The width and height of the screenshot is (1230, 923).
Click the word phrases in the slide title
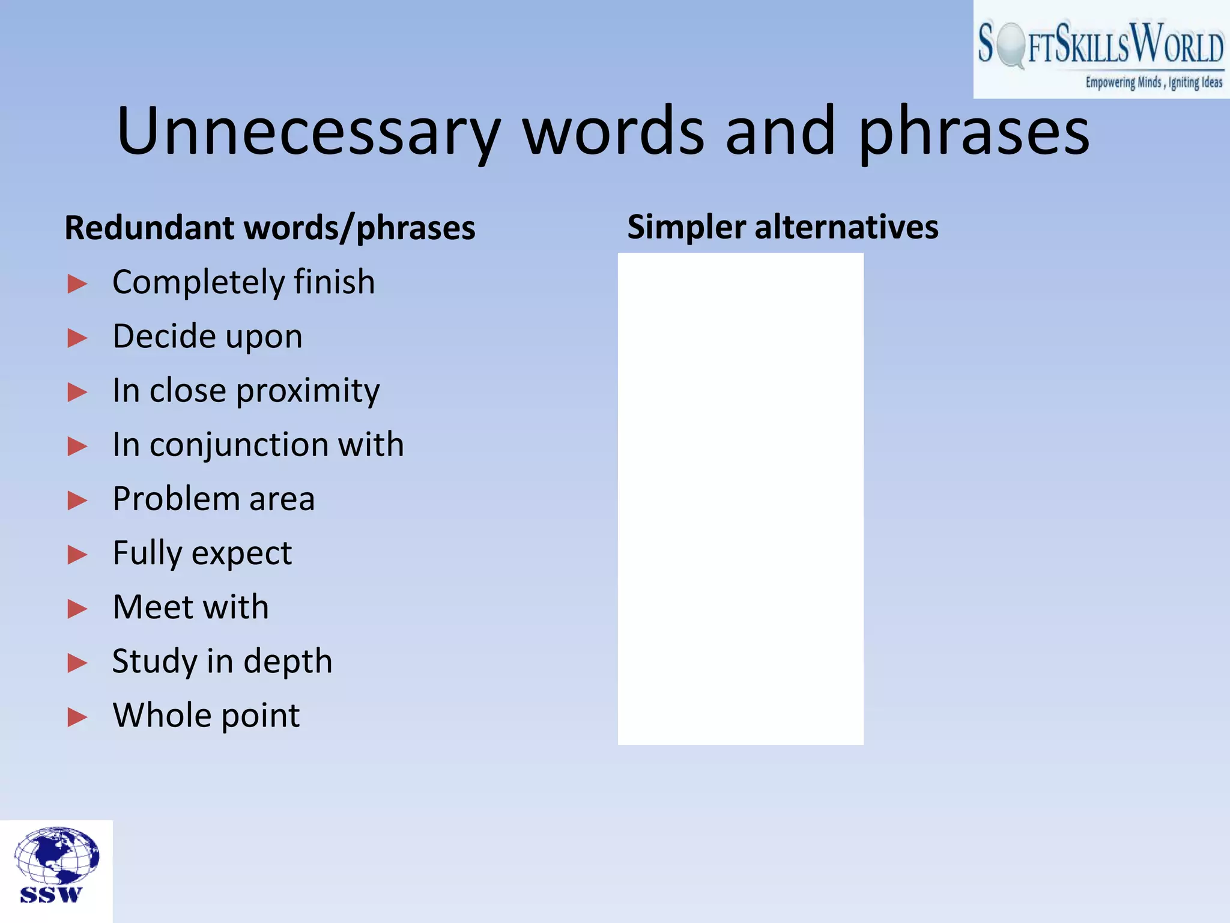(974, 131)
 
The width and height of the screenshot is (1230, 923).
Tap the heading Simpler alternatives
(783, 227)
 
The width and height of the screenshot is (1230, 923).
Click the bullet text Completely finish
(243, 282)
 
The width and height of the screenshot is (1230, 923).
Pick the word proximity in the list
(307, 391)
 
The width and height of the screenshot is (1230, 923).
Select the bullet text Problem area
(213, 499)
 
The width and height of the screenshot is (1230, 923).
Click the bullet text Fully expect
(202, 553)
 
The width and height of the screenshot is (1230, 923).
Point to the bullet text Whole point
(206, 716)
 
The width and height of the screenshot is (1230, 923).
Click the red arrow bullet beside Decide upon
(77, 338)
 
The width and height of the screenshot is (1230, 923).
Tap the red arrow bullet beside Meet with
(77, 609)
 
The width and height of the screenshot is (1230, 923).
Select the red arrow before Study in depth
(77, 663)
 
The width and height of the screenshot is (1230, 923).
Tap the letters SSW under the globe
(51, 895)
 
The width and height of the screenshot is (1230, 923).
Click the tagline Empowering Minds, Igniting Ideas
(1153, 82)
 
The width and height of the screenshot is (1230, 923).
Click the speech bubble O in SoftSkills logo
(1011, 44)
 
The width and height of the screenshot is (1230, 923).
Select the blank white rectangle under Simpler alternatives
(741, 499)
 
